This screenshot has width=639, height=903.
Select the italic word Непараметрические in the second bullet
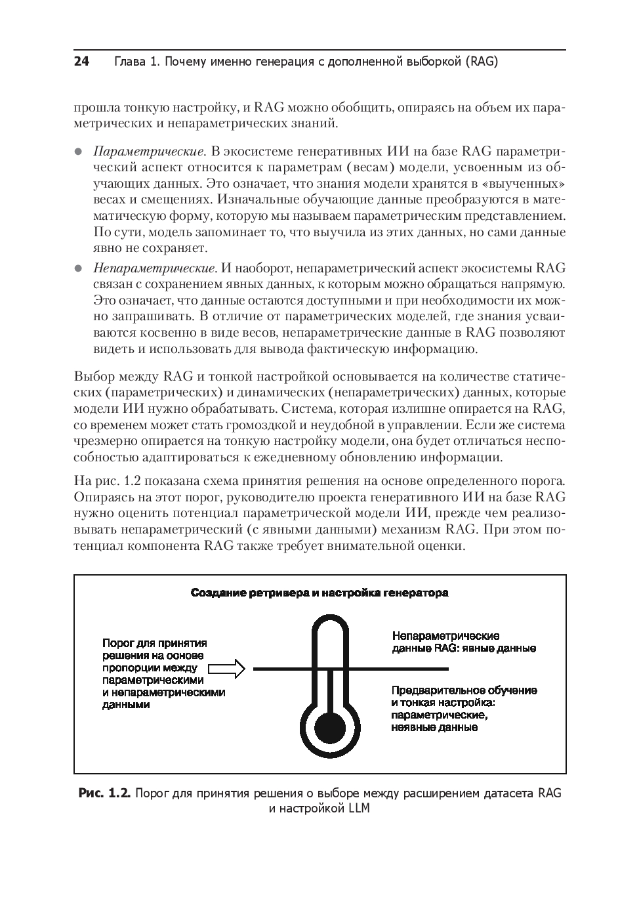point(155,268)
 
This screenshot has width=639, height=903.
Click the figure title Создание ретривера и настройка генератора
point(319,593)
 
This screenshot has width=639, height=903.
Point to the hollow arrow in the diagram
point(226,669)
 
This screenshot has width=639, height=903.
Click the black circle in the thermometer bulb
point(329,727)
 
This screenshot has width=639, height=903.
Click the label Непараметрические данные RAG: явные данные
point(463,642)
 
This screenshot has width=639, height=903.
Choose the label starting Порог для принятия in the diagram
point(163,673)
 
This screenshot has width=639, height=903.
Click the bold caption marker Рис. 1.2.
point(105,793)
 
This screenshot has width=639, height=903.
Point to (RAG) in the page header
point(482,62)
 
